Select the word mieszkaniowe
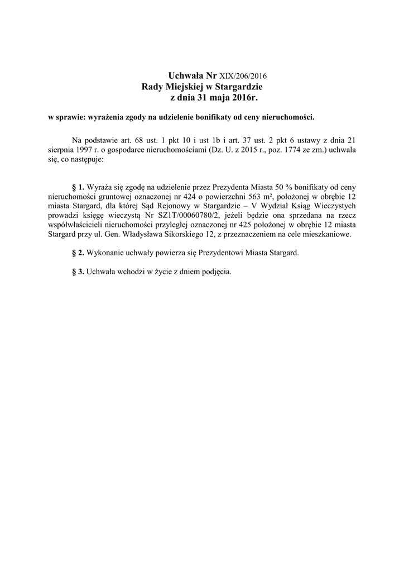(326, 235)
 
